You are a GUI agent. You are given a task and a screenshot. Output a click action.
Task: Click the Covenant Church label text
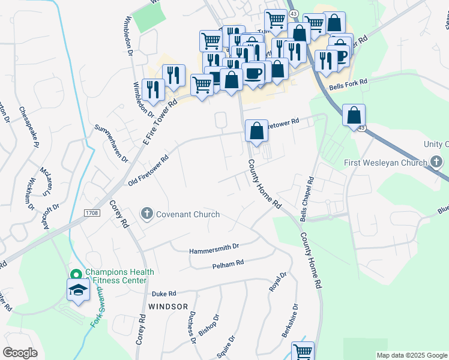tap(188, 214)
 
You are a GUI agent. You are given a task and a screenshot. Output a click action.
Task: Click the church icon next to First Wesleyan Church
tap(436, 163)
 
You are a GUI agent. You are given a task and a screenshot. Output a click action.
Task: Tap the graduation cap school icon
tap(77, 290)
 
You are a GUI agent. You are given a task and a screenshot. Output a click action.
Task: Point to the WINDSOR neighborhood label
tap(164, 306)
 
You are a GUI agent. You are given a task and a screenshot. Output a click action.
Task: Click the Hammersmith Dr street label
tap(214, 247)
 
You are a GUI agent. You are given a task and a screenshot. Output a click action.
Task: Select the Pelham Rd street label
tap(228, 263)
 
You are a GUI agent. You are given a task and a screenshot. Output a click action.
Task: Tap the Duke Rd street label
tap(163, 294)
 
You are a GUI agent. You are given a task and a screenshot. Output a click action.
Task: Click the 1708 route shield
tap(91, 212)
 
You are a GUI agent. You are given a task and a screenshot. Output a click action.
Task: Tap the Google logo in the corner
tap(20, 353)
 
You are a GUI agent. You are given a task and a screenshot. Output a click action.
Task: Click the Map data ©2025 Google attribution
tap(411, 355)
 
